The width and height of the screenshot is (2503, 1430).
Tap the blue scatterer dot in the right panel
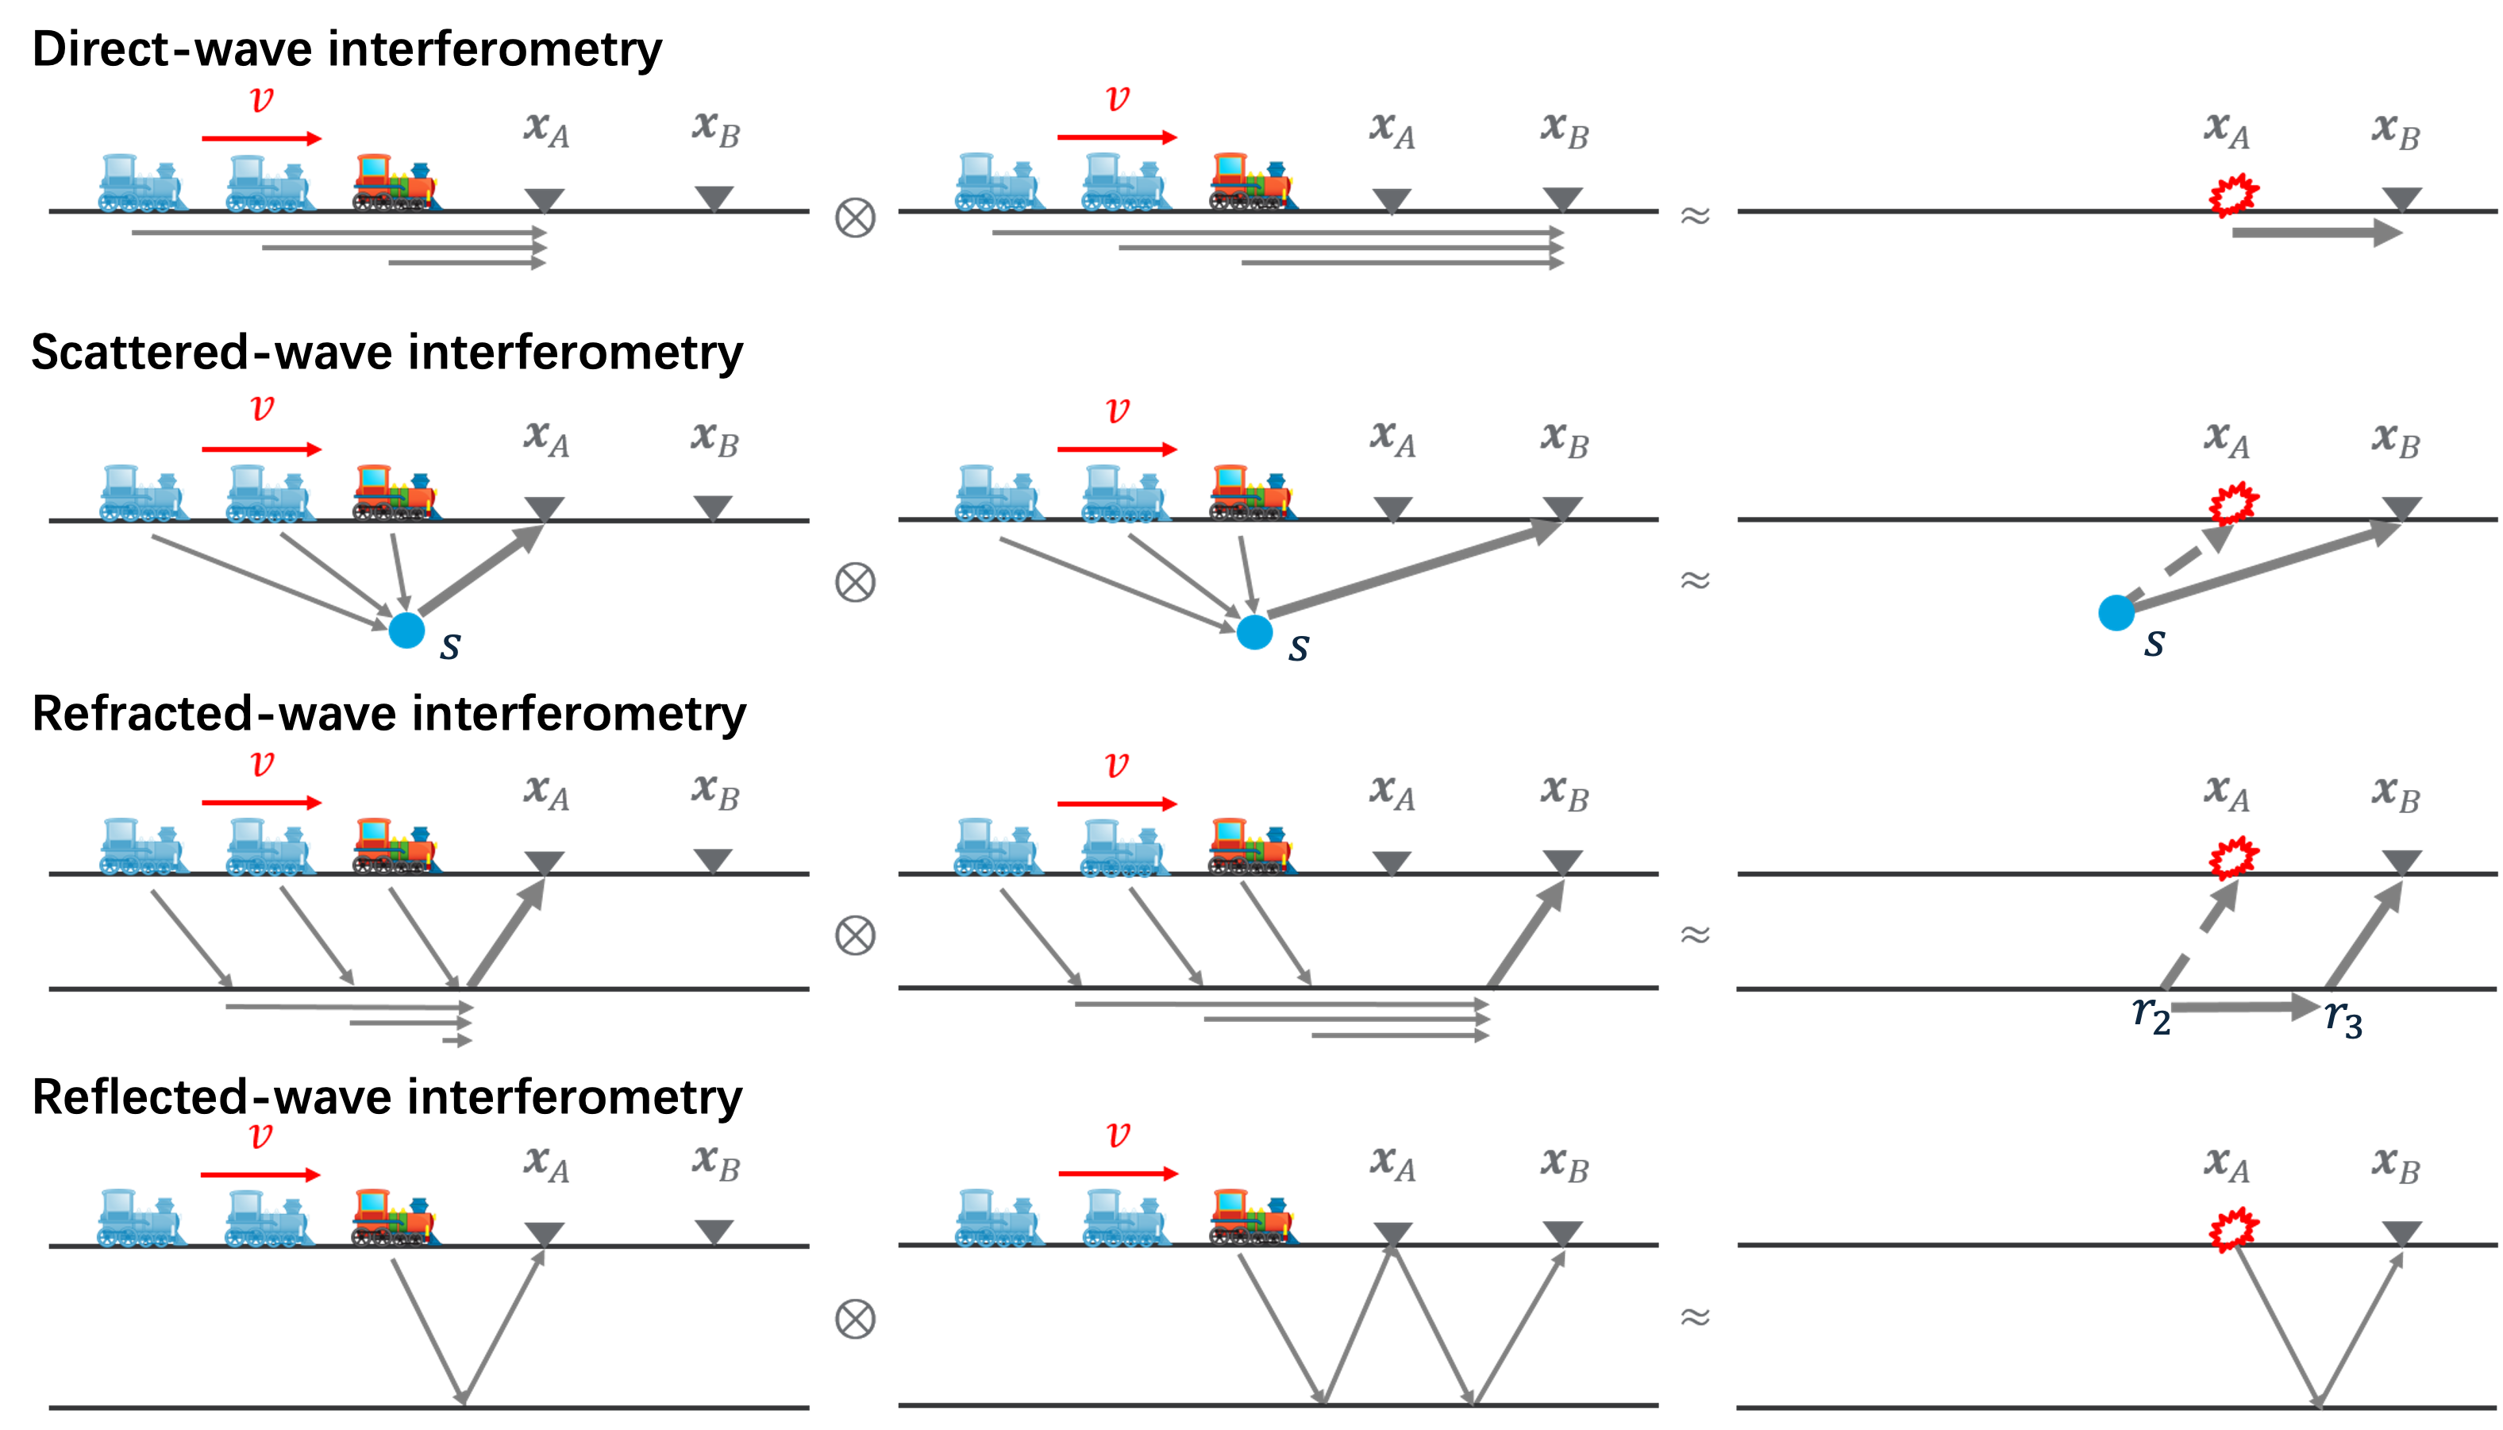(2116, 613)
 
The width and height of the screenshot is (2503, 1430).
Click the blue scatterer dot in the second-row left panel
(406, 630)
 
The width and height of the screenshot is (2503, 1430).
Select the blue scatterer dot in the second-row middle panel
(1254, 631)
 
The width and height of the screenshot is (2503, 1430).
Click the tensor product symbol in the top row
(854, 217)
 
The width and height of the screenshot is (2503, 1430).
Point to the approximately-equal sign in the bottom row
(1696, 1316)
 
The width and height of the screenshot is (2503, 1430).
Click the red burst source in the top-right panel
(2233, 195)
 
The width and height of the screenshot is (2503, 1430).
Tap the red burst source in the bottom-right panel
(2233, 1230)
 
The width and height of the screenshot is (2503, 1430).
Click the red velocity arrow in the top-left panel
(262, 138)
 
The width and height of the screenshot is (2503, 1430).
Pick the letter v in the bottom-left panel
(260, 1136)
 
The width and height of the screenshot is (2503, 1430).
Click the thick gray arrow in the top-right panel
(2317, 233)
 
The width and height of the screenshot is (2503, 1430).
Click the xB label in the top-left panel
(716, 129)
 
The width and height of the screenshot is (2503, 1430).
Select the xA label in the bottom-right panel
(2226, 1165)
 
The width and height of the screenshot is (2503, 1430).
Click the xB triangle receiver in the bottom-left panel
(714, 1231)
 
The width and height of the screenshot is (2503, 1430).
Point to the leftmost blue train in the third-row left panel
(142, 846)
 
